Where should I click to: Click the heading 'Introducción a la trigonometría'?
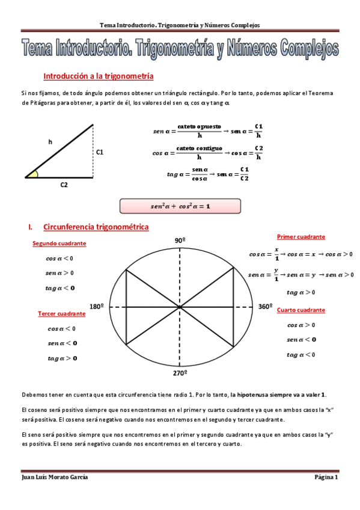pos(99,77)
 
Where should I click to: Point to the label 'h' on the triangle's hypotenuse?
pos(50,142)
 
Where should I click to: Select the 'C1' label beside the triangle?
pos(100,153)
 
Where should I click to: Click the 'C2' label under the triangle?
pos(64,185)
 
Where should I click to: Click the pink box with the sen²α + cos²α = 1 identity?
pos(180,206)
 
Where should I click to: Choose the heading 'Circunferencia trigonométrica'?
pos(96,227)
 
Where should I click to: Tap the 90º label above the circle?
pos(180,241)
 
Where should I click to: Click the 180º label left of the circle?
pos(97,306)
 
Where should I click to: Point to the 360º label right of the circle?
pos(266,306)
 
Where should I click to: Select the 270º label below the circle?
pos(180,373)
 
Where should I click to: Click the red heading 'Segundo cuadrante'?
pos(59,244)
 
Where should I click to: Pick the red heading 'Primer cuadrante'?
pos(301,237)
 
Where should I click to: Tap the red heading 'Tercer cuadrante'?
pos(61,314)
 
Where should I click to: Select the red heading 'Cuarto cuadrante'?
pos(301,310)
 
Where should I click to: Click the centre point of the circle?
pos(180,307)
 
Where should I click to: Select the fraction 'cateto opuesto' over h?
pos(198,131)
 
